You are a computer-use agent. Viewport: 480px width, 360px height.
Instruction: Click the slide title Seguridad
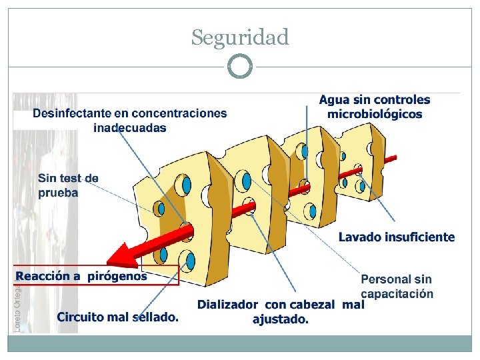(x=240, y=37)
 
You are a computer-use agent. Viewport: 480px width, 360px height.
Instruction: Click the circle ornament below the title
(x=240, y=66)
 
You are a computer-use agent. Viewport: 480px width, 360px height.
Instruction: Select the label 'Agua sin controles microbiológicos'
(x=374, y=107)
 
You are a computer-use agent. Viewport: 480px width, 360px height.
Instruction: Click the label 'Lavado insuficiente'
(x=396, y=237)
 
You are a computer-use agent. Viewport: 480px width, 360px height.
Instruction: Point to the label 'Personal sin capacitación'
(x=397, y=287)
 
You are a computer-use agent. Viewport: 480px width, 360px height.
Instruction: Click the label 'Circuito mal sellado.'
(x=117, y=317)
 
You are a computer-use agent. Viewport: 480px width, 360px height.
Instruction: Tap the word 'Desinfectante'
(x=71, y=114)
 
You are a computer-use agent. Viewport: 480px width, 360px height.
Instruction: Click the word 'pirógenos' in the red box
(x=118, y=276)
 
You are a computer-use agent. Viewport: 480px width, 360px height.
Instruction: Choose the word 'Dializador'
(x=227, y=305)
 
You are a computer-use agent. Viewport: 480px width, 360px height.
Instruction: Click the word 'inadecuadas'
(x=130, y=127)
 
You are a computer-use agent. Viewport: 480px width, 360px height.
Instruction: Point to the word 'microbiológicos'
(x=374, y=114)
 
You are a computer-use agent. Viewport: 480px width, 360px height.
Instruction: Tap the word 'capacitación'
(x=397, y=293)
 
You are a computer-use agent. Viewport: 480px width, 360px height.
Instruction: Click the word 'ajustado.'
(x=281, y=319)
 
